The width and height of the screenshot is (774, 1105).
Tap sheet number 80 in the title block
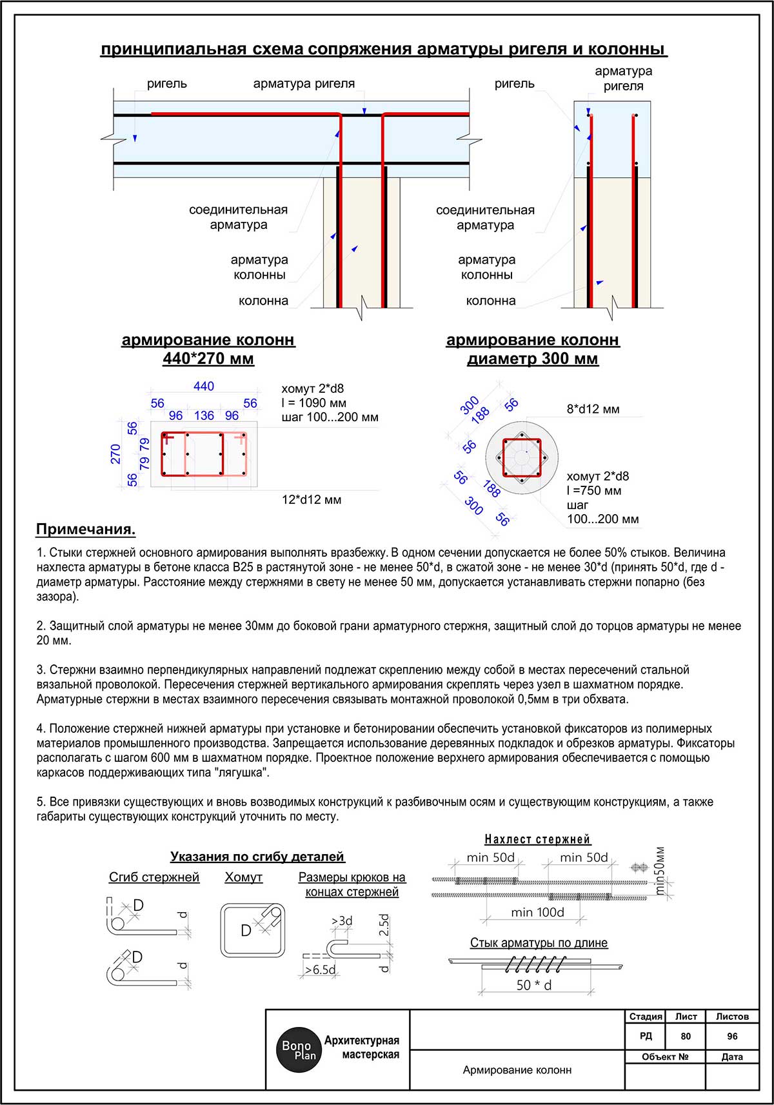pos(686,1036)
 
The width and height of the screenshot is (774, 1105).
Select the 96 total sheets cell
pos(732,1036)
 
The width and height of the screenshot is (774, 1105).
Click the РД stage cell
pos(646,1036)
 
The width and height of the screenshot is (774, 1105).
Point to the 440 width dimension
pos(204,386)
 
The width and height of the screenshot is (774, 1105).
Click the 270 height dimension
pos(116,453)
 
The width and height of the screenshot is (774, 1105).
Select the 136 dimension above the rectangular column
pos(204,416)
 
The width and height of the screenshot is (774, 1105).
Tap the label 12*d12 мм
pos(312,499)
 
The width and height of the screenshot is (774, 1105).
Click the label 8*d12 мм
pos(593,409)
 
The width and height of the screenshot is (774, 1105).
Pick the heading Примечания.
pos(86,530)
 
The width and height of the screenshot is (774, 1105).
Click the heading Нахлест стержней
pos(537,839)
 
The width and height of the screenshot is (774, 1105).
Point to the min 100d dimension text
pos(537,912)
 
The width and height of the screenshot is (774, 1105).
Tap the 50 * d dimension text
pos(534,985)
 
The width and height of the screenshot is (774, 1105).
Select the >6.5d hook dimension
pos(320,970)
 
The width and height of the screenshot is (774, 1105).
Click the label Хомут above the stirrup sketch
pos(244,877)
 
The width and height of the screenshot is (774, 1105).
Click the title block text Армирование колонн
pos(517,1070)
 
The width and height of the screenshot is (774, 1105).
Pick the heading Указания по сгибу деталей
pos(257,857)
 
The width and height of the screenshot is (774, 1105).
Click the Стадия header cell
pos(646,1017)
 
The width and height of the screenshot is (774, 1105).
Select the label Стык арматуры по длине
pos(539,942)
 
